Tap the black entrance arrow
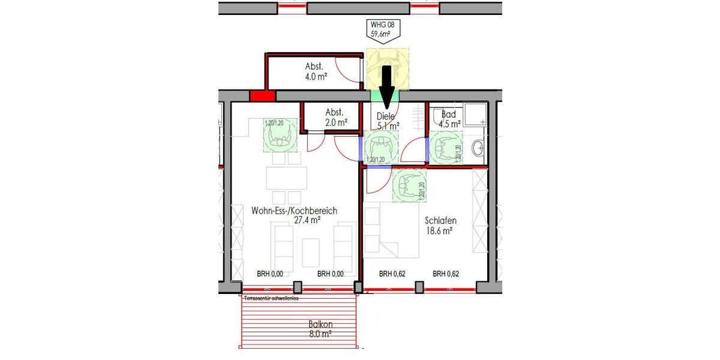386,83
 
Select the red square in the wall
262,96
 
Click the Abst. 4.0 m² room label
316,71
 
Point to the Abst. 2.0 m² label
335,117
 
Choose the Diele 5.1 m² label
388,121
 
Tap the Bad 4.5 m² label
450,119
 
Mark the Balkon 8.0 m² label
321,329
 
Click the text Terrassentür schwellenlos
271,298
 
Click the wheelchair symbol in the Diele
382,147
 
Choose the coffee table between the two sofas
311,251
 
